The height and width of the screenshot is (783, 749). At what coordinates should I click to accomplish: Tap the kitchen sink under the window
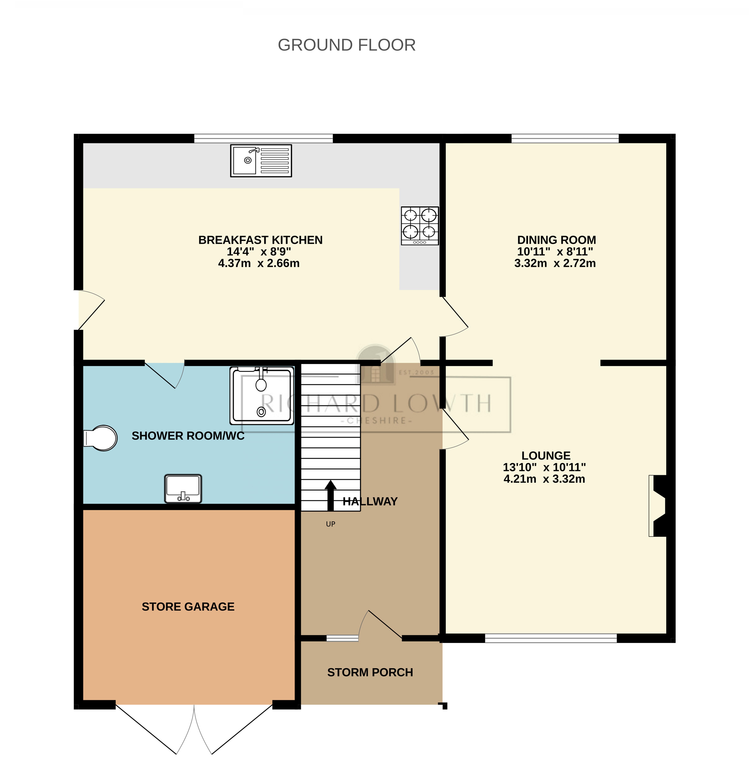tap(261, 161)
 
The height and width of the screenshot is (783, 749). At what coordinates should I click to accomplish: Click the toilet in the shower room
tap(101, 438)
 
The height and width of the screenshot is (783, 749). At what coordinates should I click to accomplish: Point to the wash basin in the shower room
tap(183, 488)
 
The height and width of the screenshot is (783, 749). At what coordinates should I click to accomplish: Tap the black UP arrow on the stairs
tap(330, 495)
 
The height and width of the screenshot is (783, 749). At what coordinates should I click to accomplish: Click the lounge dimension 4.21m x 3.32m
tap(544, 479)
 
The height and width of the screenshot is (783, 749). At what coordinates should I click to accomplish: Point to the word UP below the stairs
tap(330, 524)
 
